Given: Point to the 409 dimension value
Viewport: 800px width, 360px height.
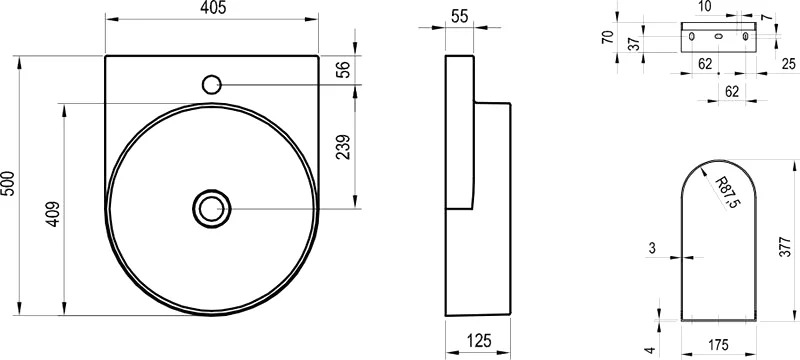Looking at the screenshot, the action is pos(54,215).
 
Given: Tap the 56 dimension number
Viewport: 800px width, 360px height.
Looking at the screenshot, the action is pos(345,69).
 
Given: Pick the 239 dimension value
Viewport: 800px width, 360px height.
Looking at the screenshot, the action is pos(344,147).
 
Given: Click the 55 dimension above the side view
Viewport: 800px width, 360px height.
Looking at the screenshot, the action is pos(459,16).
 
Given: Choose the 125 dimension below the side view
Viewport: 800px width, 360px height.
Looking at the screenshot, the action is pos(477,340).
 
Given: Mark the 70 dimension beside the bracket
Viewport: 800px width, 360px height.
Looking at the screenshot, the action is pos(607,37).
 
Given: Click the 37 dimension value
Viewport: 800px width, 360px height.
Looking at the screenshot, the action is pos(633,44).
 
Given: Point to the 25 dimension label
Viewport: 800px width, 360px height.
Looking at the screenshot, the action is pos(789,64).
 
